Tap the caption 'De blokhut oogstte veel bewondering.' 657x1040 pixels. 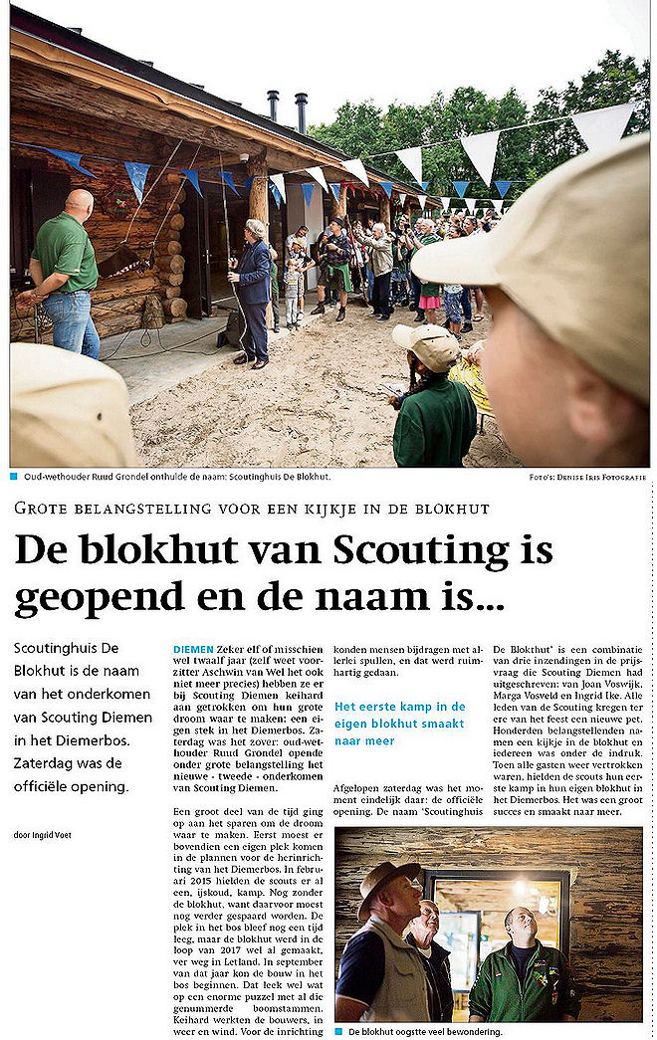point(425,1032)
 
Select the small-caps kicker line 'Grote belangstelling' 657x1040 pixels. point(252,509)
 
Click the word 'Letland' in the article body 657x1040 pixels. point(270,960)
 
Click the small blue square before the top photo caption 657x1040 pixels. point(15,477)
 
